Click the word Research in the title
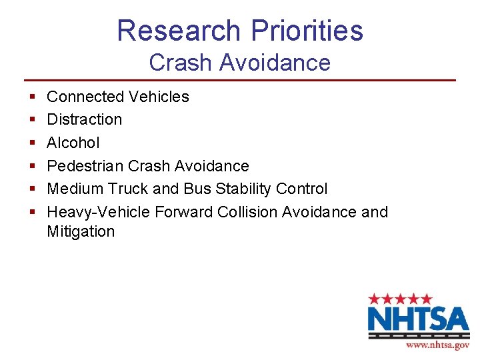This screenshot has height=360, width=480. coord(178,31)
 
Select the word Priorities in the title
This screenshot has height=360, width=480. coord(307,31)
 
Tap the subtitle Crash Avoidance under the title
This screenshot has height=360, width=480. coord(240,63)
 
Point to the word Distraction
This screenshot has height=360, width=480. coord(85,119)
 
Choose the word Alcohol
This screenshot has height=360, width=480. coord(73,143)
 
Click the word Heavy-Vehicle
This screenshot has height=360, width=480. coord(99,212)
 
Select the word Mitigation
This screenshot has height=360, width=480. coord(81,232)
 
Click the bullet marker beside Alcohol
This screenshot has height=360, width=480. coord(32,143)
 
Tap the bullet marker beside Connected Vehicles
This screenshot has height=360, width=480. coord(32,97)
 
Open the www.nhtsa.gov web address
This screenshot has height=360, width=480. coord(437,345)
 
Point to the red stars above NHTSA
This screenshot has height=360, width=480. coord(401,299)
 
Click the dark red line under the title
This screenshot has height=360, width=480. coord(240,80)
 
